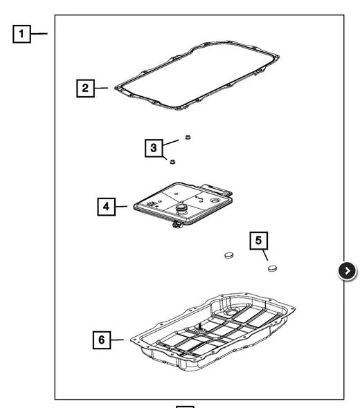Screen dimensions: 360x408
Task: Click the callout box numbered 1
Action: click(x=21, y=34)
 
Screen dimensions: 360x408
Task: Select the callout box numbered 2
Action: click(x=85, y=89)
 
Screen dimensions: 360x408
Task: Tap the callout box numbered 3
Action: click(x=154, y=148)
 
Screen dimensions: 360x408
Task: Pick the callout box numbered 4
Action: click(x=107, y=207)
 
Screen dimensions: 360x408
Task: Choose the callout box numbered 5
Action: click(x=258, y=241)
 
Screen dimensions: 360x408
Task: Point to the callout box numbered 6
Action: click(x=102, y=340)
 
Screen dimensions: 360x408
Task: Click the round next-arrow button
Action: click(x=348, y=271)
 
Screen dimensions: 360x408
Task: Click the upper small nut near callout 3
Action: click(x=188, y=137)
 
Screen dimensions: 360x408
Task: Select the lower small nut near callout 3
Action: click(x=172, y=162)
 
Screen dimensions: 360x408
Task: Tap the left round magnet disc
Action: click(x=229, y=255)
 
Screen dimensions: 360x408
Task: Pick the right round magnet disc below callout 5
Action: click(x=272, y=268)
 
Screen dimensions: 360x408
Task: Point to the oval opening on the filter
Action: click(x=215, y=201)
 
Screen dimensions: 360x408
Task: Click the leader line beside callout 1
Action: click(x=39, y=34)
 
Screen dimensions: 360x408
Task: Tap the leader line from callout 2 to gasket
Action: click(x=101, y=88)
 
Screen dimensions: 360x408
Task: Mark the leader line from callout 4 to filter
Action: click(x=121, y=207)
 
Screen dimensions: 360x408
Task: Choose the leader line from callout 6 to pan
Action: click(x=117, y=340)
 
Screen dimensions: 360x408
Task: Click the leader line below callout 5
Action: click(x=265, y=255)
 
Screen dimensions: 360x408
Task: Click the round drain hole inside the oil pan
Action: click(x=231, y=311)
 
